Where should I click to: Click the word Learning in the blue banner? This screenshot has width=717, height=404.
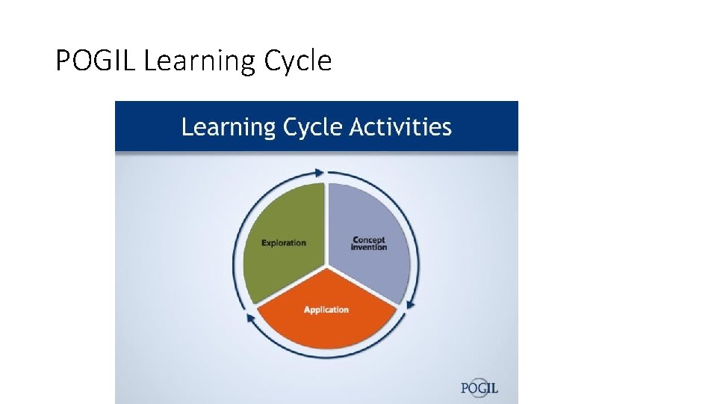pyautogui.click(x=229, y=128)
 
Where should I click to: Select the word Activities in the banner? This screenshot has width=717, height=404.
pyautogui.click(x=401, y=126)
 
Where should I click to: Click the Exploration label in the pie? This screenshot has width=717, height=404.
pyautogui.click(x=283, y=242)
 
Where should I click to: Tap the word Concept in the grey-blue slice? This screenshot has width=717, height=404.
pyautogui.click(x=369, y=240)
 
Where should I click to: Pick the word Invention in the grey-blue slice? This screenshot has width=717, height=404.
pyautogui.click(x=369, y=248)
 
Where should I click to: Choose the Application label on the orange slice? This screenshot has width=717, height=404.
pyautogui.click(x=326, y=310)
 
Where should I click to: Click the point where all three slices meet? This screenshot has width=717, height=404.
pyautogui.click(x=326, y=266)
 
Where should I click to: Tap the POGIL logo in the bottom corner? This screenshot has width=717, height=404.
pyautogui.click(x=479, y=388)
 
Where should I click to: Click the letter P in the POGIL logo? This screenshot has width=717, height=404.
pyautogui.click(x=465, y=388)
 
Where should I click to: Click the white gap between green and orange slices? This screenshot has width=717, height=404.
pyautogui.click(x=291, y=286)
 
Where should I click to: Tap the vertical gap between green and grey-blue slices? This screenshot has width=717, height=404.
pyautogui.click(x=326, y=224)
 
